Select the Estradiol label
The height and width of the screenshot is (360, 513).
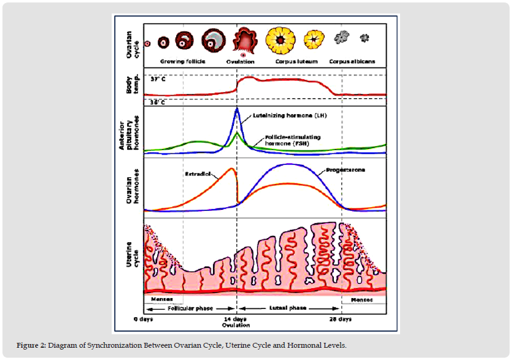coord(197,174)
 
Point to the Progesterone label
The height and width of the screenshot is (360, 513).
coord(341,170)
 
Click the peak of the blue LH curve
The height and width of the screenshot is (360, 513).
coord(237,109)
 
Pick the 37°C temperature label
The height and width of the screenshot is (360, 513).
coord(158,80)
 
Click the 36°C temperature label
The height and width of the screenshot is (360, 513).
coord(158,102)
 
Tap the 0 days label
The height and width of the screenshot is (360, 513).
coord(143,320)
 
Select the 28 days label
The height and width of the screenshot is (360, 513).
coord(341,320)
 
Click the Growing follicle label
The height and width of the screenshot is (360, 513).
coord(182,62)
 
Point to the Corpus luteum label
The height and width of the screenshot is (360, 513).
coord(292,62)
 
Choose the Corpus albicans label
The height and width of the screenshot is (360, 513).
coord(352,62)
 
